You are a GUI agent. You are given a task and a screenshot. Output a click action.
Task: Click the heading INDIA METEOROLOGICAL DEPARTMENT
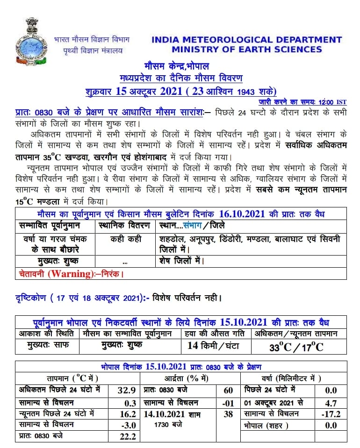(246, 40)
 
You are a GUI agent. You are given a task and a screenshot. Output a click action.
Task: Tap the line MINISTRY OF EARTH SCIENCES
(246, 50)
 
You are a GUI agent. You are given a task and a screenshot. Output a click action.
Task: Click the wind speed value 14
(193, 346)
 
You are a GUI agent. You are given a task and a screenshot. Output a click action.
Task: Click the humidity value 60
(228, 391)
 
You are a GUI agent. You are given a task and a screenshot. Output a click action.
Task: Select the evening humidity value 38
(228, 414)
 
